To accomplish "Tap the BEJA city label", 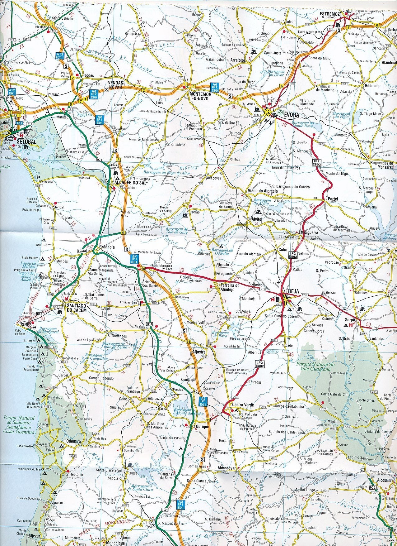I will pyautogui.click(x=293, y=291).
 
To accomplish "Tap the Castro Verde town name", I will pyautogui.click(x=243, y=405).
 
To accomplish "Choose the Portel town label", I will pyautogui.click(x=333, y=199).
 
